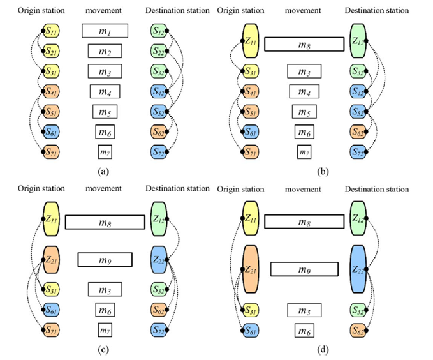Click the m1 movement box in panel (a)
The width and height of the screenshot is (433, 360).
click(105, 31)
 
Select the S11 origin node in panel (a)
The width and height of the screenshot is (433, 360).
click(51, 31)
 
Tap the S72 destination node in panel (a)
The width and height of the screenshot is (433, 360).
click(159, 153)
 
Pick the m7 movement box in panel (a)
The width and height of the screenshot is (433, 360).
click(105, 153)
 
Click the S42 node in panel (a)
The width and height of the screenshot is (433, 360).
click(159, 92)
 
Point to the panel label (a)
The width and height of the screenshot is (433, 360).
click(105, 172)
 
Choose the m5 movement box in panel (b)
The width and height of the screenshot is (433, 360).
click(303, 112)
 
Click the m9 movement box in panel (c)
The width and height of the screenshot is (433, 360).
click(105, 259)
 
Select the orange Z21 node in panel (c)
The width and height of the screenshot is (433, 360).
click(51, 259)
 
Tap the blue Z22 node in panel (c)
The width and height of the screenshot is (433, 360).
click(159, 259)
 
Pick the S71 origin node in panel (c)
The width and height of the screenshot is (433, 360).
click(51, 331)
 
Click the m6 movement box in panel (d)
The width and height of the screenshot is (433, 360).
click(303, 331)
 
